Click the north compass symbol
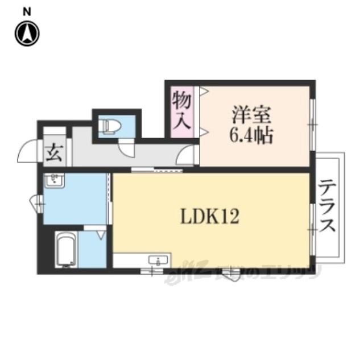(x=27, y=34)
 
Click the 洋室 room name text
(x=250, y=114)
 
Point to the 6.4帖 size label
(x=251, y=135)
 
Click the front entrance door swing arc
(x=28, y=152)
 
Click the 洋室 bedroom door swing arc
(x=187, y=155)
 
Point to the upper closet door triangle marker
(x=204, y=90)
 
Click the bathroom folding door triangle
(x=101, y=233)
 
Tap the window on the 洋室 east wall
(x=312, y=123)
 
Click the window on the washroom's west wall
(x=38, y=200)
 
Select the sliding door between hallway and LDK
(x=156, y=169)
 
